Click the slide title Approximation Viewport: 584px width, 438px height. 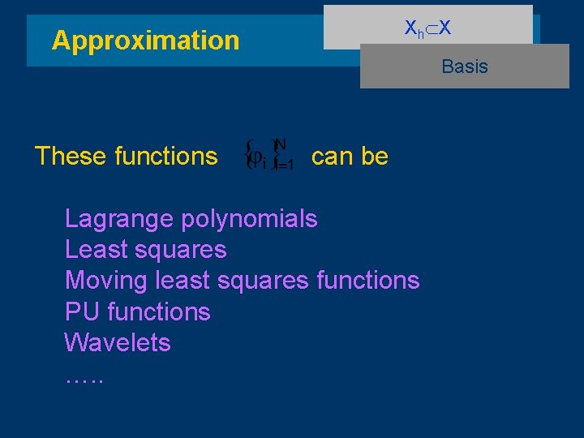coord(145,41)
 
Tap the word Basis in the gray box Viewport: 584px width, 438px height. coord(465,67)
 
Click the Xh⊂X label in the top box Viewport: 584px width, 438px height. coord(428,28)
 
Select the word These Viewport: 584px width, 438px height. coord(68,156)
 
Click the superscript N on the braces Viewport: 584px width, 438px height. coord(281,144)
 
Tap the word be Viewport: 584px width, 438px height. coord(375,156)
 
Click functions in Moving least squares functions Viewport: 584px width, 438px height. coord(367,281)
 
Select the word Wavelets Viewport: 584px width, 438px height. coord(118,342)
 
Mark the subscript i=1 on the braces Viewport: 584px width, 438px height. coord(284,164)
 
